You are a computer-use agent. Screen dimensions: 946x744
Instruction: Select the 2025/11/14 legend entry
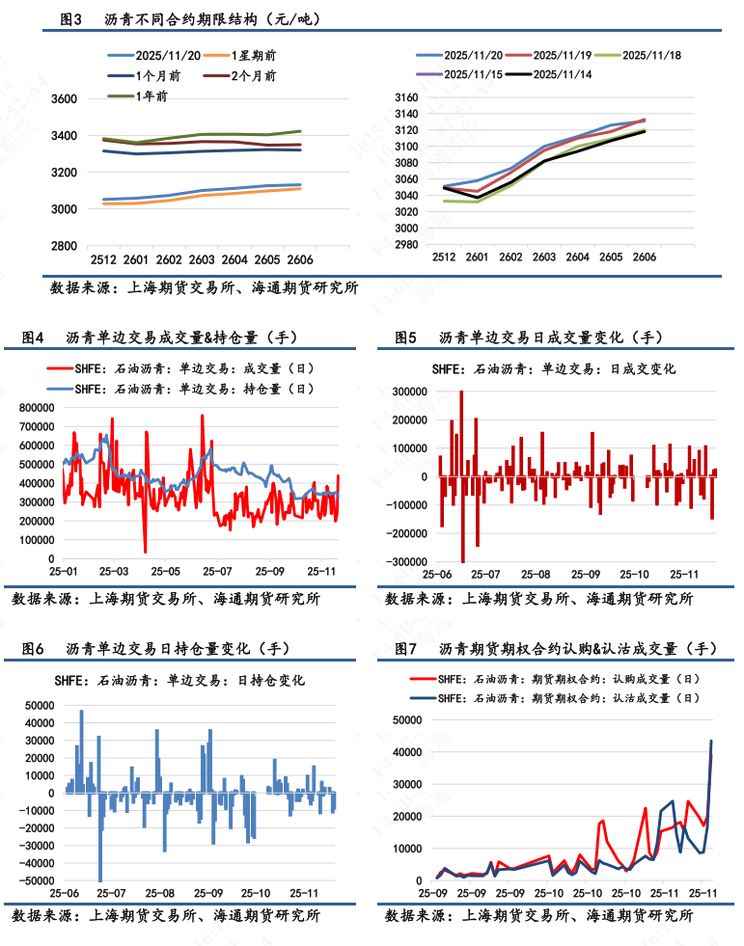[x=561, y=73]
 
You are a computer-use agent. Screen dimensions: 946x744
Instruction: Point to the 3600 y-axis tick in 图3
[x=64, y=98]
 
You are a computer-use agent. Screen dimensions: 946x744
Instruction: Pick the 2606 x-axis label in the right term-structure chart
[x=644, y=257]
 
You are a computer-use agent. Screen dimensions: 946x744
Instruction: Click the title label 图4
[x=34, y=338]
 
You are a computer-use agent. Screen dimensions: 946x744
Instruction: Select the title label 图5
[x=405, y=338]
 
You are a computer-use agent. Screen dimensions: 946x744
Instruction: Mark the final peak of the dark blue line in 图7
[x=711, y=741]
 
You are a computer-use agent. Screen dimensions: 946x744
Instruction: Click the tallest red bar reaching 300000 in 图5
[x=461, y=393]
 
